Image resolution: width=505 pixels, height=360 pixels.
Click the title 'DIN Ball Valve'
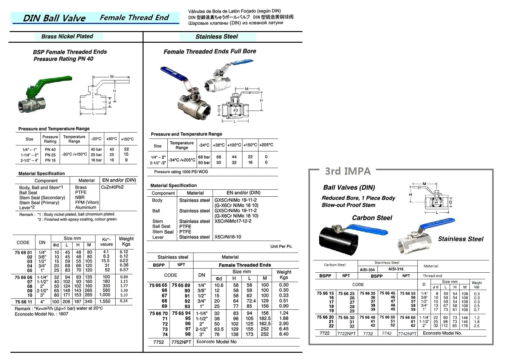point(54,18)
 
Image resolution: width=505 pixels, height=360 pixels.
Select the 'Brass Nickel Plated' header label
point(67,36)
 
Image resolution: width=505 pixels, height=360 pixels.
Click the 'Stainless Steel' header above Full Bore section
point(217,37)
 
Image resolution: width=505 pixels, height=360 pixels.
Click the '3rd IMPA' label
point(348,171)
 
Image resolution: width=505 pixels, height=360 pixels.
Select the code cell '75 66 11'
point(23,302)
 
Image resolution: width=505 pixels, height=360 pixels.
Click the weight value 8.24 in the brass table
point(124,301)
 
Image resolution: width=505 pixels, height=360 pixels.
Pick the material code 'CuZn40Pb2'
point(112,187)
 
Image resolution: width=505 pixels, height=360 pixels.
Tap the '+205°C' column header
point(266,145)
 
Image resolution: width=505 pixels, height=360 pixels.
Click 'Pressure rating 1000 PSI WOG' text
point(181,172)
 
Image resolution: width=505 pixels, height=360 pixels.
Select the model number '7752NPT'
point(181,342)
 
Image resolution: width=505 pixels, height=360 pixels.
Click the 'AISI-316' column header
point(396,269)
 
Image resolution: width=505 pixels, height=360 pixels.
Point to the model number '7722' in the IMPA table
point(324,333)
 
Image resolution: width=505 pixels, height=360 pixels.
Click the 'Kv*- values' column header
point(106,242)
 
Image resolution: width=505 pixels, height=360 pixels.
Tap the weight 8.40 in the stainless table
point(284,334)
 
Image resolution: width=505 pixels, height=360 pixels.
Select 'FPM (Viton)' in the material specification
point(87,203)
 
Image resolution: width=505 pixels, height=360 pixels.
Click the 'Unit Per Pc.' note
point(281,247)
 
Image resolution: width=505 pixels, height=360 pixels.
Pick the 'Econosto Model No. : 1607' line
point(41,314)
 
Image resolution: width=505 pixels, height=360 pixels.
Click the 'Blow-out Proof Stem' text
point(348,205)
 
